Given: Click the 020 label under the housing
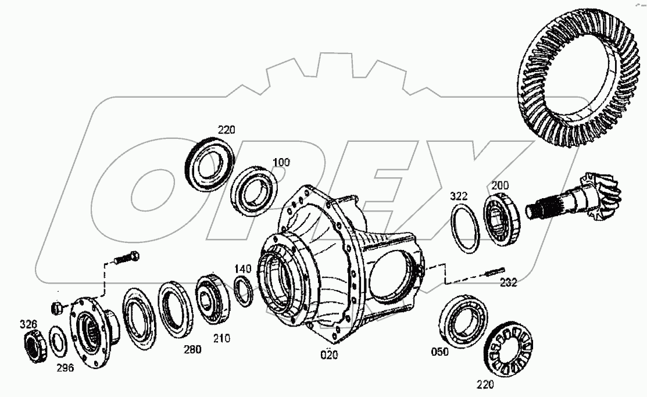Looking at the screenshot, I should tap(330, 354).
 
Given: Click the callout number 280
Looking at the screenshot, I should tap(192, 349).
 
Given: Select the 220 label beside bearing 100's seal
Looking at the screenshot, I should tap(226, 130).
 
